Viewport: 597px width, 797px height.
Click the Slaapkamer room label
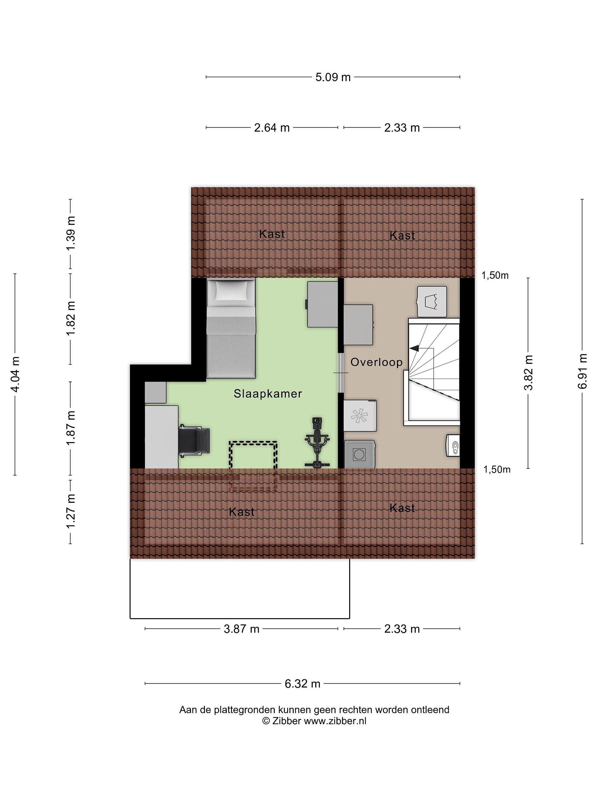pos(268,394)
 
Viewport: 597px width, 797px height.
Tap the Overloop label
pos(376,362)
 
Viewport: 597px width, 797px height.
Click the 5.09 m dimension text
pos(333,77)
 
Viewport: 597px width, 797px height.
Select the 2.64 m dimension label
pos(272,128)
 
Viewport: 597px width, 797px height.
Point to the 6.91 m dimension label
pos(582,371)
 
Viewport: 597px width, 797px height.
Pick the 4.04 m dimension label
pos(15,374)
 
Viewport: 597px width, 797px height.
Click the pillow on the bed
pos(231,290)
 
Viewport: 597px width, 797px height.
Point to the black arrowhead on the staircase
pos(414,348)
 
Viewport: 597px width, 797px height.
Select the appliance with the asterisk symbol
pos(360,416)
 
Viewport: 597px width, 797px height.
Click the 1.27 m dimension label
pos(70,512)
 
